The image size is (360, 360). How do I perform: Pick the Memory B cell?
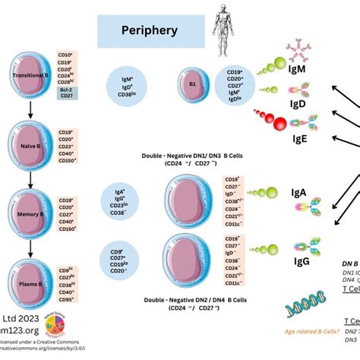(x=30, y=204)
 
